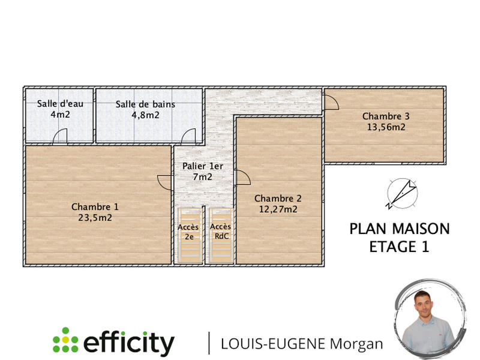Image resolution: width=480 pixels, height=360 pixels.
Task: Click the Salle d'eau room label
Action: pos(60,104)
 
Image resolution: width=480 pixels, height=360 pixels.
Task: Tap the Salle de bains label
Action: pos(145,104)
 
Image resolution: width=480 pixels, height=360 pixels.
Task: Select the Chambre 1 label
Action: pos(95,207)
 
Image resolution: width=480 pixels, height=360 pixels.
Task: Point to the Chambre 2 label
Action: pos(278,199)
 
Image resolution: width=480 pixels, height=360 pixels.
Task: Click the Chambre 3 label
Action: pos(386,116)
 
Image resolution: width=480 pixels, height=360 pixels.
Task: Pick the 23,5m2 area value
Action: pos(95,218)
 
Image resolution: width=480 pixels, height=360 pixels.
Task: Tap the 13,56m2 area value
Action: pos(386,127)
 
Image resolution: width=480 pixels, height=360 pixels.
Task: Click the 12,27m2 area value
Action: pos(278,209)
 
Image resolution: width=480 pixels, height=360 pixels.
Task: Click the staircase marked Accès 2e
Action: pos(188,235)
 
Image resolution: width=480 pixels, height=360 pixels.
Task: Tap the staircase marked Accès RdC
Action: pos(220,235)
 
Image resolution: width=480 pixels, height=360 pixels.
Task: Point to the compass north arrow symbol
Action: pos(400,194)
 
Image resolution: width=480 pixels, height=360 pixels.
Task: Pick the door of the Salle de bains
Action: pos(188,137)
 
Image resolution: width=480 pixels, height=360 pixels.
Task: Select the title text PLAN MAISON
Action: pos(399,229)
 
